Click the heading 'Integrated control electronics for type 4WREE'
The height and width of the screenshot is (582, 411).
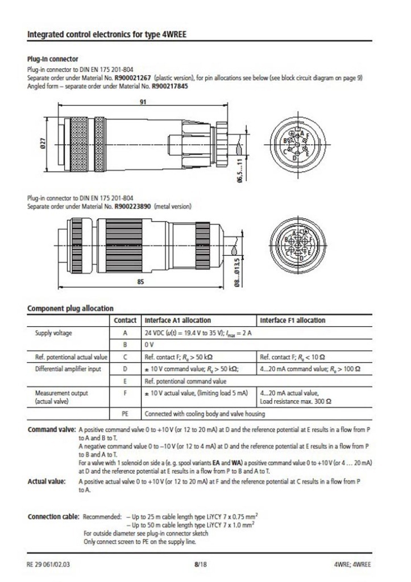tap(107, 34)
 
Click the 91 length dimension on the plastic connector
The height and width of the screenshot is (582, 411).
tap(143, 103)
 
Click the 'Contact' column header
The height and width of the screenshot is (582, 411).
tap(125, 321)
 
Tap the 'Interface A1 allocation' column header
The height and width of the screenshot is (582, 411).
tap(178, 321)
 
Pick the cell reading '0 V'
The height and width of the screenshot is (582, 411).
tap(151, 344)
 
